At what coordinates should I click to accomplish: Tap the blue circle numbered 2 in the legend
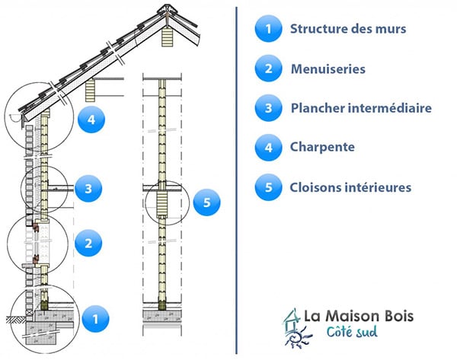267,69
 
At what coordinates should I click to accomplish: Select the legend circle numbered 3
267,108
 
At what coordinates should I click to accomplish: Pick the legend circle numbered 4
267,147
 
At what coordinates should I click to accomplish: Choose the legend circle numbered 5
267,186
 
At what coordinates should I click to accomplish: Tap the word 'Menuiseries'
328,69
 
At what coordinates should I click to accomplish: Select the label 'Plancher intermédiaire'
361,108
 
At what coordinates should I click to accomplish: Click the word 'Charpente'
322,147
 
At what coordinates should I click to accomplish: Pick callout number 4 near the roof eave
91,119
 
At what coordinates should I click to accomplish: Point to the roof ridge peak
166,10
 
